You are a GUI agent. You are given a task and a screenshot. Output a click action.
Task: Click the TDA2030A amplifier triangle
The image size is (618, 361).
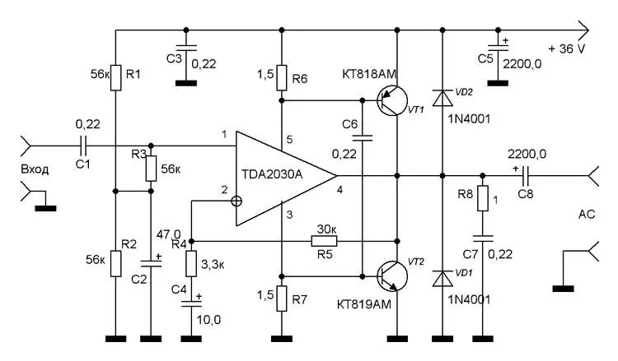[x=280, y=176]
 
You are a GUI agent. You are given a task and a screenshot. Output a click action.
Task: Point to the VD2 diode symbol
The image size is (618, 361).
[x=442, y=99]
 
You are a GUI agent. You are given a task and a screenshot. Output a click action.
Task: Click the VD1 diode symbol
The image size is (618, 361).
[x=442, y=277]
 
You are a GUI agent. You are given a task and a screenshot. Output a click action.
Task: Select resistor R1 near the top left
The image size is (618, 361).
[x=115, y=76]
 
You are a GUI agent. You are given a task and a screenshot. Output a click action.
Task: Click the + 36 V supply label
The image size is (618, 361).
[x=567, y=48]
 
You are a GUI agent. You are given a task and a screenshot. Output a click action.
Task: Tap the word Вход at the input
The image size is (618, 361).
[x=35, y=169]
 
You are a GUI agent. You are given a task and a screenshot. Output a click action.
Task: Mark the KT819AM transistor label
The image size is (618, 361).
[x=366, y=304]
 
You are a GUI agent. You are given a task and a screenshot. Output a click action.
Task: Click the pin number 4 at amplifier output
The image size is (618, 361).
[x=340, y=192]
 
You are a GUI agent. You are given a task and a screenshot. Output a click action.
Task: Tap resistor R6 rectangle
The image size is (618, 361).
[x=282, y=76]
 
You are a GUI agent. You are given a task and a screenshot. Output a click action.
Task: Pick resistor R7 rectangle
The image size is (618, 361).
[x=282, y=297]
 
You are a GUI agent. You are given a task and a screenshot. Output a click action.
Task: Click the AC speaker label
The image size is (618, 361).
[x=587, y=214]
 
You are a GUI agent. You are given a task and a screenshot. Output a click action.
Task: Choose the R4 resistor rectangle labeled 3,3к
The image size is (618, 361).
[x=191, y=265]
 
